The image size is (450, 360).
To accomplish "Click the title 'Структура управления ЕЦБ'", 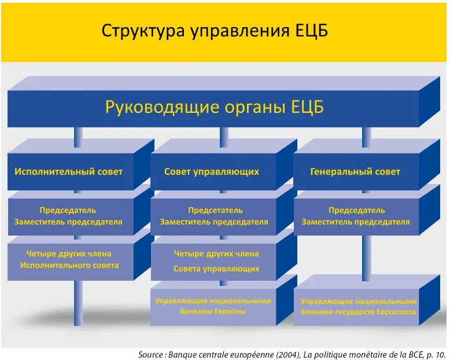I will pyautogui.click(x=215, y=31).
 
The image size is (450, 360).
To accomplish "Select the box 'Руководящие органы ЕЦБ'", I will pyautogui.click(x=214, y=108).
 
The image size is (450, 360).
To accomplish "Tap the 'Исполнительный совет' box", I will pyautogui.click(x=69, y=172).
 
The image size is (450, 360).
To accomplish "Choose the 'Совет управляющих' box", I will pyautogui.click(x=212, y=172).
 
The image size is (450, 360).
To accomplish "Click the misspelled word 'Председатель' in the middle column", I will pyautogui.click(x=215, y=210).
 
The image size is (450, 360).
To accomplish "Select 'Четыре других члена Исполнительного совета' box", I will pyautogui.click(x=69, y=259).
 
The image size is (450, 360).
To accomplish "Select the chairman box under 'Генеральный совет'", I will pyautogui.click(x=355, y=216).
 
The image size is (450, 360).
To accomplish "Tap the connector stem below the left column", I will pyautogui.click(x=78, y=301).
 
